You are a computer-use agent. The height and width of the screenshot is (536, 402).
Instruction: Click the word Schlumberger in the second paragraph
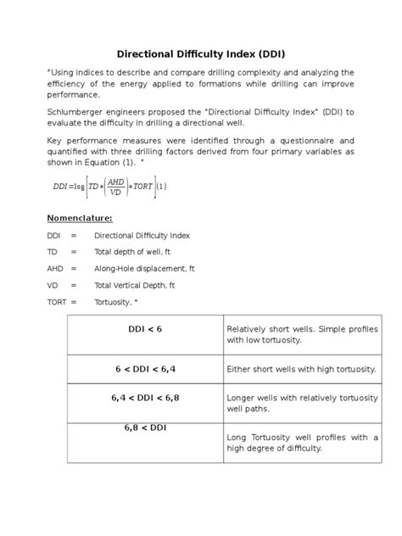[x=77, y=112]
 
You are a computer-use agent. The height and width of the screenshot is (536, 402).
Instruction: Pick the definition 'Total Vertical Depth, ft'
[x=135, y=285]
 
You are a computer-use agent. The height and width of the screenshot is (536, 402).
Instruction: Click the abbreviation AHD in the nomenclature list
[x=56, y=268]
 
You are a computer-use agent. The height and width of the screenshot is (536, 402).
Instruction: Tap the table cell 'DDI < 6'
[x=144, y=327]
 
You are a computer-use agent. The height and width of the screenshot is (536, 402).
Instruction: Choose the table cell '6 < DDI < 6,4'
[x=144, y=369]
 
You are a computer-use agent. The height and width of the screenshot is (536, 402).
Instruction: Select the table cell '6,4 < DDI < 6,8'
[x=144, y=396]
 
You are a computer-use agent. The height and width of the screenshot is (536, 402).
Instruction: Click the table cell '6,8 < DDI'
[x=144, y=427]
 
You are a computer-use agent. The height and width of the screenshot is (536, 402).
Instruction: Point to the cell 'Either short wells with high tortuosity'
[x=301, y=370]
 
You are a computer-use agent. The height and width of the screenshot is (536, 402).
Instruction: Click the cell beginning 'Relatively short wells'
[x=301, y=334]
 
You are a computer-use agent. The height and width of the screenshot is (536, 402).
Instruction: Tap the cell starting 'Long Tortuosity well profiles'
[x=301, y=443]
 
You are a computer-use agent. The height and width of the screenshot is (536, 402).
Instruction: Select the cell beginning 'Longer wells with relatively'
[x=301, y=402]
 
